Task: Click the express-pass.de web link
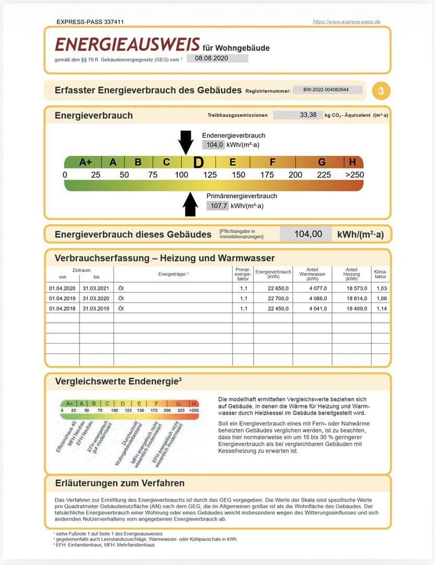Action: (x=346, y=22)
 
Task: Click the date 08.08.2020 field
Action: (x=217, y=59)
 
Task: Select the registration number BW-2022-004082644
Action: (x=327, y=90)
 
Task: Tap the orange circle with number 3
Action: (x=381, y=91)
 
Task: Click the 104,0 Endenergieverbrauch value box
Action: (x=214, y=144)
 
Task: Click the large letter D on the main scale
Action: (x=198, y=162)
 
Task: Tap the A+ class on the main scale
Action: (x=86, y=162)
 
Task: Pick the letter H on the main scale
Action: (x=352, y=162)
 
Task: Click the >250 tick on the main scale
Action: (x=354, y=175)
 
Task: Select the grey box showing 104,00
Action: (x=308, y=234)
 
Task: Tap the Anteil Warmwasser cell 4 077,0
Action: (x=313, y=288)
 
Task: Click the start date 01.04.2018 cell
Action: (x=62, y=309)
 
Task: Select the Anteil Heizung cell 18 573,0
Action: (x=351, y=288)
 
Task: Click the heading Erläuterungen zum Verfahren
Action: (x=120, y=483)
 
